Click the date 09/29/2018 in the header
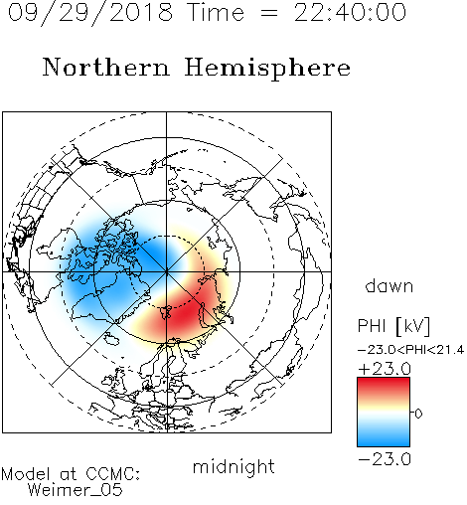pyautogui.click(x=90, y=12)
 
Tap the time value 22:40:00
pyautogui.click(x=350, y=12)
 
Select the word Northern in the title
pyautogui.click(x=106, y=68)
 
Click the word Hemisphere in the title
pyautogui.click(x=267, y=69)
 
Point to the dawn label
pyautogui.click(x=389, y=285)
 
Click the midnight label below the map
pyautogui.click(x=233, y=467)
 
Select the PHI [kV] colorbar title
pyautogui.click(x=393, y=326)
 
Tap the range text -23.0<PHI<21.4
pyautogui.click(x=410, y=350)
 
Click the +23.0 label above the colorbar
pyautogui.click(x=385, y=369)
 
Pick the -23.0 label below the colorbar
pyautogui.click(x=385, y=459)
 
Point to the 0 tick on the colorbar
pyautogui.click(x=418, y=414)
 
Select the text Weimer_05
pyautogui.click(x=76, y=490)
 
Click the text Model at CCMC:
pyautogui.click(x=71, y=474)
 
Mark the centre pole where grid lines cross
pyautogui.click(x=166, y=271)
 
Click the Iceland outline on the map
pyautogui.click(x=111, y=339)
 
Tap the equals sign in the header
pyautogui.click(x=269, y=13)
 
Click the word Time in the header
pyautogui.click(x=216, y=12)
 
